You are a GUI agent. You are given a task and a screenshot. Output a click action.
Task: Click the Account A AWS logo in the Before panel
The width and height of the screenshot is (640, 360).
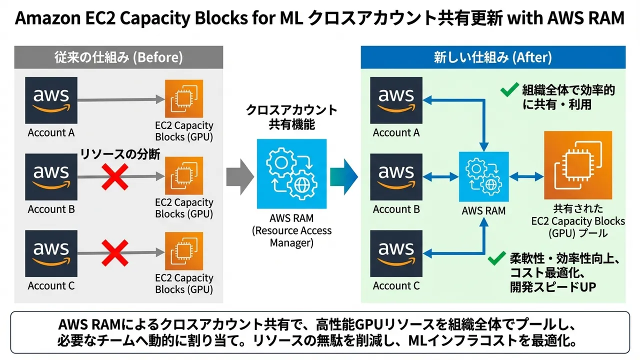pos(51,100)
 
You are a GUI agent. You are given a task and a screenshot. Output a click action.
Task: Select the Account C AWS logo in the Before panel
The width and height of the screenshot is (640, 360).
pos(51,253)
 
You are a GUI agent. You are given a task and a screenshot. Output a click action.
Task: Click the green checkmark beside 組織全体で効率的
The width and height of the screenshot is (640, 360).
pos(509,90)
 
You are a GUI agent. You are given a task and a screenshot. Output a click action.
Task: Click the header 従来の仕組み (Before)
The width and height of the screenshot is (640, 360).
pos(118,57)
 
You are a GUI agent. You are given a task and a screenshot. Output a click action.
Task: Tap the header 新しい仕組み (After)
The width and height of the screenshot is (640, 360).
pos(492,57)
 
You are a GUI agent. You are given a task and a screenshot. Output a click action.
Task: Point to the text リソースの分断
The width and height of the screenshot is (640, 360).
pos(120,154)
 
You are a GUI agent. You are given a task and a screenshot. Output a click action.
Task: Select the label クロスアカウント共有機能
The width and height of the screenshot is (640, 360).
pos(291,117)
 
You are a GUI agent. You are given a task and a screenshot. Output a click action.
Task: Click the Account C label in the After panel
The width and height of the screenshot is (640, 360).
pos(396,286)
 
